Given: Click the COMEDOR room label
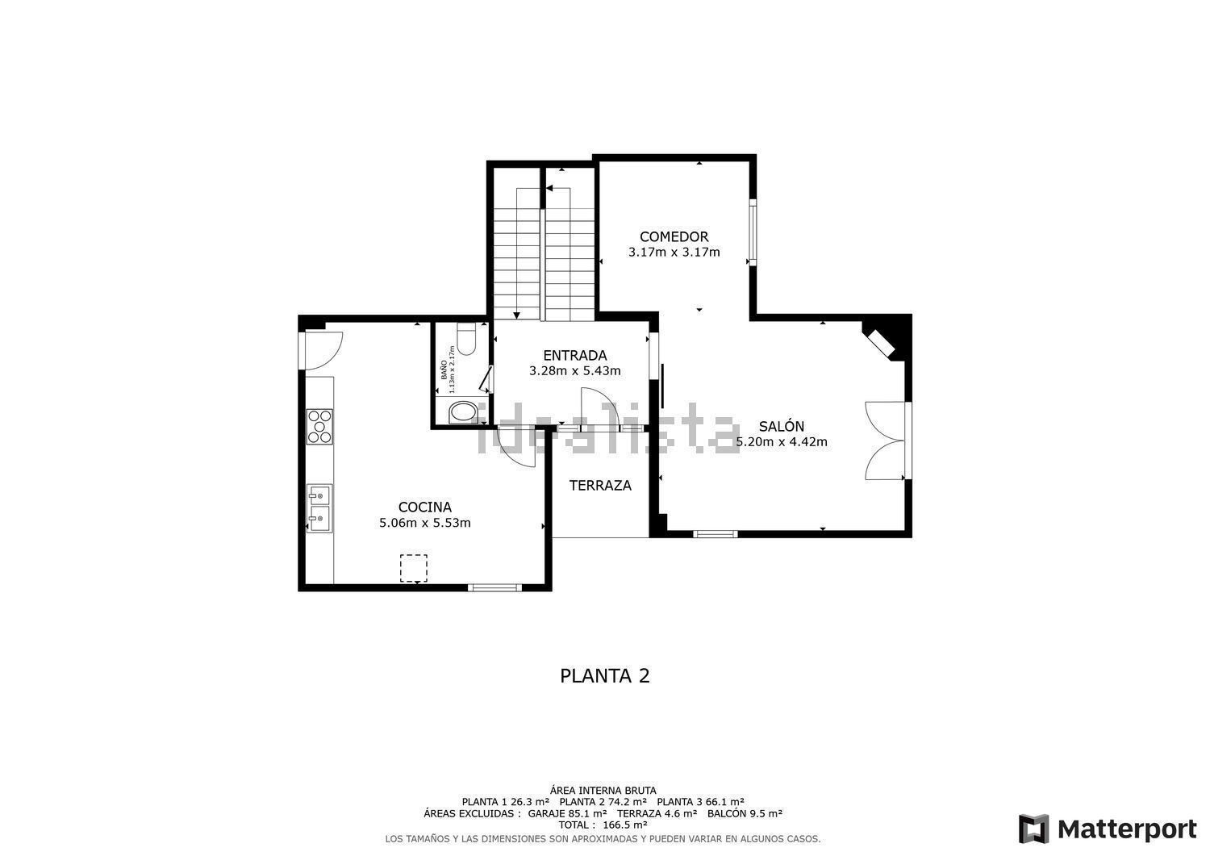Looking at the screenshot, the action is pyautogui.click(x=674, y=236).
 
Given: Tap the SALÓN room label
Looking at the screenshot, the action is pyautogui.click(x=781, y=426).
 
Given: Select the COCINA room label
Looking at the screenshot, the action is pyautogui.click(x=424, y=507).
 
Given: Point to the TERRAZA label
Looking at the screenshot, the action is pyautogui.click(x=600, y=486).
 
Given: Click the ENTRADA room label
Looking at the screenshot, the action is pyautogui.click(x=574, y=356).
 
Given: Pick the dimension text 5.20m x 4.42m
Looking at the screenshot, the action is pyautogui.click(x=781, y=442).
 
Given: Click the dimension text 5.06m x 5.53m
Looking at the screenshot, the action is pyautogui.click(x=424, y=523).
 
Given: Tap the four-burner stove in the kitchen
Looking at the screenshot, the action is pyautogui.click(x=319, y=427).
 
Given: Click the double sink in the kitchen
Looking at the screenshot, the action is pyautogui.click(x=319, y=508).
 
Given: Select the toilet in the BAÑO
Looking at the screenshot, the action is pyautogui.click(x=465, y=340).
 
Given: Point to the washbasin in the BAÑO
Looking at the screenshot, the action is pyautogui.click(x=462, y=411).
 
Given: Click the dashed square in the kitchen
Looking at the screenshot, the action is pyautogui.click(x=413, y=569).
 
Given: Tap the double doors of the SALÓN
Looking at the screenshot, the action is pyautogui.click(x=886, y=441).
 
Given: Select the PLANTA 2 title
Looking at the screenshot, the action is pyautogui.click(x=604, y=676).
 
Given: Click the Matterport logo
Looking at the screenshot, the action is pyautogui.click(x=1108, y=829).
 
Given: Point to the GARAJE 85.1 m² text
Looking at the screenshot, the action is pyautogui.click(x=567, y=813).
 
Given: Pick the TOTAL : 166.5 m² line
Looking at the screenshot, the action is pyautogui.click(x=603, y=825).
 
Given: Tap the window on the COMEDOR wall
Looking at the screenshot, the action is pyautogui.click(x=753, y=232).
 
